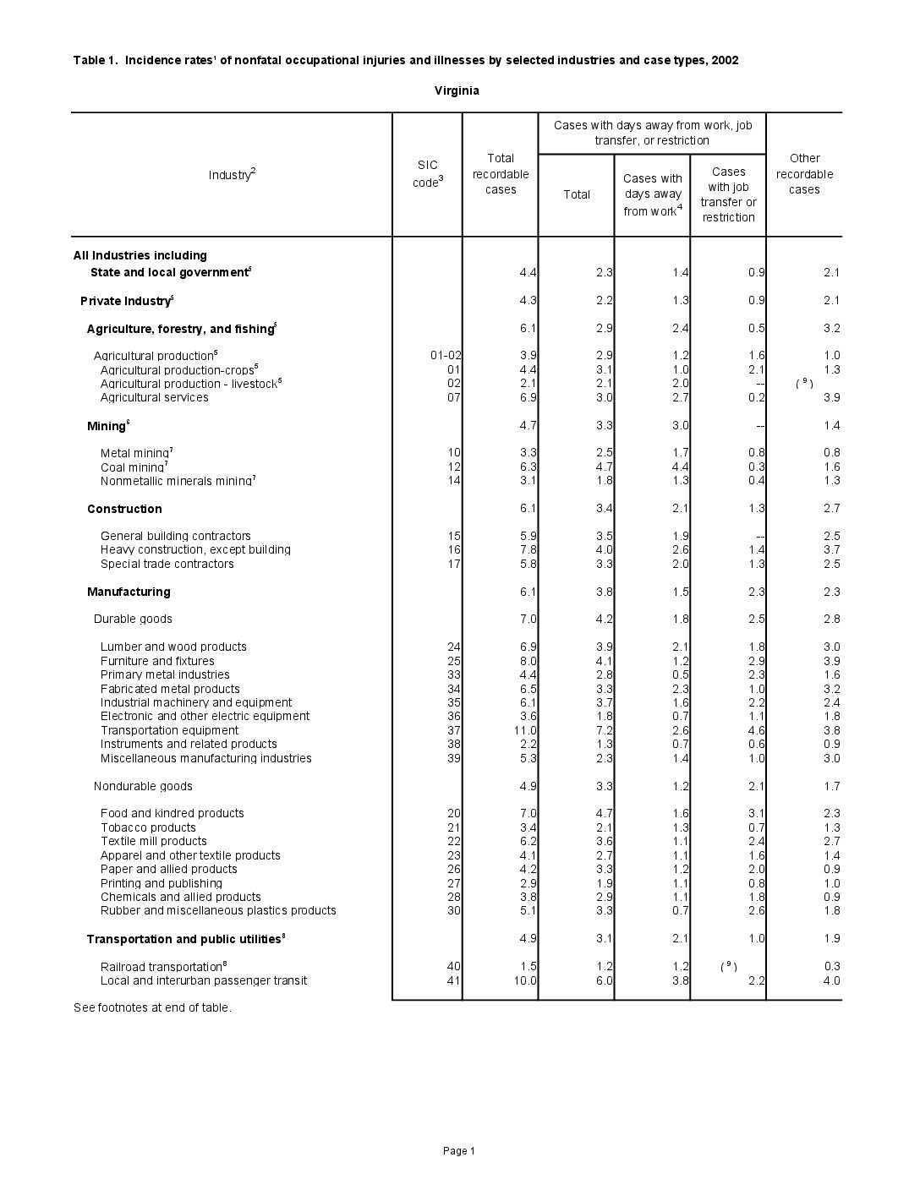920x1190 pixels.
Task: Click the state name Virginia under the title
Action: [x=457, y=90]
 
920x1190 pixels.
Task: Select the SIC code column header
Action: [x=428, y=174]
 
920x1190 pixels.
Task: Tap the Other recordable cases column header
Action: [x=804, y=174]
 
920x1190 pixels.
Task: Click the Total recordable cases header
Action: [x=501, y=174]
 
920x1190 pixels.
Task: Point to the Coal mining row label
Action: [x=133, y=467]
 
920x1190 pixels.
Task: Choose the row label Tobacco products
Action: [x=148, y=827]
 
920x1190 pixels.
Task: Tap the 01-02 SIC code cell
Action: [x=446, y=356]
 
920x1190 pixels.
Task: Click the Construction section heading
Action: [x=124, y=509]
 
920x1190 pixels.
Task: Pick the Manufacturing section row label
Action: [x=129, y=592]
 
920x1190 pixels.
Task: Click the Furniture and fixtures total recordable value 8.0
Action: [x=528, y=661]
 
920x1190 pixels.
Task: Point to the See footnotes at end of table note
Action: [x=152, y=1007]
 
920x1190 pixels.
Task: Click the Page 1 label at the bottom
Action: [x=459, y=1150]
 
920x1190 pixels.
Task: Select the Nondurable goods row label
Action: [x=143, y=786]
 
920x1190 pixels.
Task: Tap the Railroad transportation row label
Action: [x=162, y=967]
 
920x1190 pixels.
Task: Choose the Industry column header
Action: [x=232, y=175]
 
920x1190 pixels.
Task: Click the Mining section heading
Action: [x=107, y=426]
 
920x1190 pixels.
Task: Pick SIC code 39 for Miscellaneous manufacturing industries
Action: [x=454, y=758]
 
